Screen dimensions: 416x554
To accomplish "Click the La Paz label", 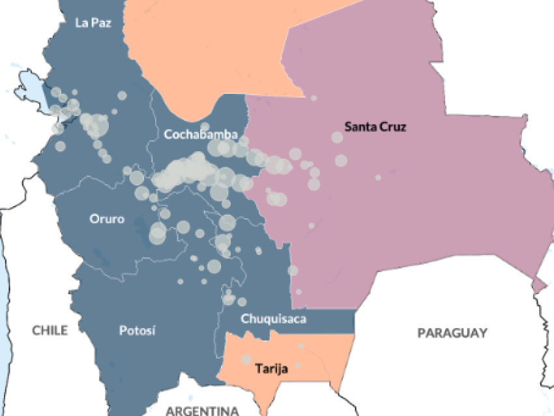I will [93, 23].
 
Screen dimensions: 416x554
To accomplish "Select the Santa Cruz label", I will [375, 126].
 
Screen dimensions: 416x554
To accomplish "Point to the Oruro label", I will [106, 219].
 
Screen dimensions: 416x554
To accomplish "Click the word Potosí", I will [138, 331].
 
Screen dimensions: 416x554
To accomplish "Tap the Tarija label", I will [271, 369].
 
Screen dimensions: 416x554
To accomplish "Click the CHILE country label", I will [50, 331].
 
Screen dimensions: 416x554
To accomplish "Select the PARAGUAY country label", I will [452, 333].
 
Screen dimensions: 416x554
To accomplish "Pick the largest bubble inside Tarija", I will [246, 359].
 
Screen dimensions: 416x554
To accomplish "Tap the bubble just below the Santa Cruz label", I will [337, 138].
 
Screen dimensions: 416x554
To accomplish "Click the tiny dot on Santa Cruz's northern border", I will [313, 98].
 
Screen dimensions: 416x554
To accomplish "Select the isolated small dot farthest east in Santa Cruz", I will [377, 177].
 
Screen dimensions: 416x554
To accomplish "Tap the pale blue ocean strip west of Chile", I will [5, 339].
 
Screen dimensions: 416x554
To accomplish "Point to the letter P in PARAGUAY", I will [421, 333].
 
